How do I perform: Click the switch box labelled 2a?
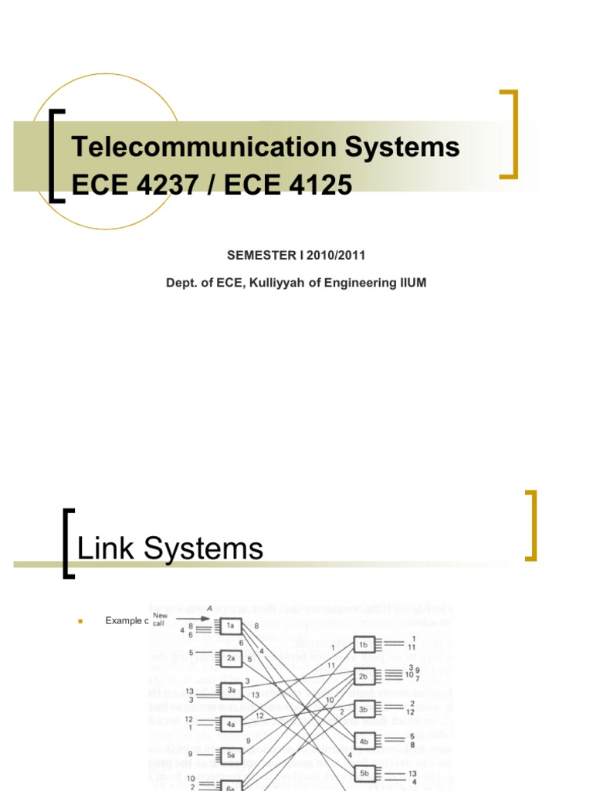231,658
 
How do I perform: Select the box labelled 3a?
231,691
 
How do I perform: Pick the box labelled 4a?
231,724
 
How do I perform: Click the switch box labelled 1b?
365,643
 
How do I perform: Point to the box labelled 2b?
365,677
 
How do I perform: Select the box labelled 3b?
365,709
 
